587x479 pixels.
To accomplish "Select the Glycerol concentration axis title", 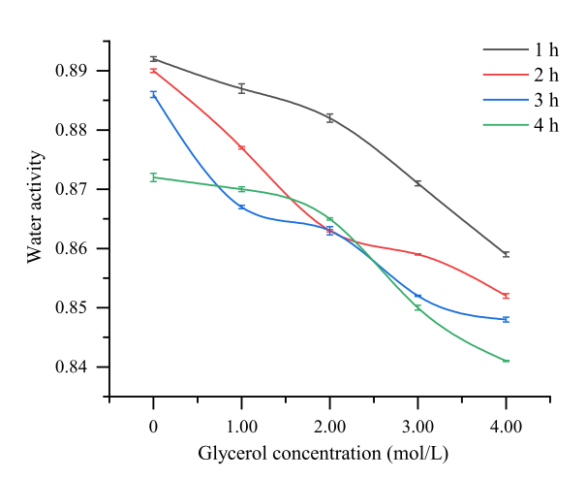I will [x=324, y=453].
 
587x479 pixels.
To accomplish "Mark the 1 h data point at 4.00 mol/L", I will [x=506, y=254].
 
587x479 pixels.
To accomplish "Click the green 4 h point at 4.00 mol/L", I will [x=506, y=361].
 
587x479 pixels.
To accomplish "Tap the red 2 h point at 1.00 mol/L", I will [x=241, y=147].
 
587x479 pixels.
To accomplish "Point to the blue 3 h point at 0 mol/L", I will [x=153, y=94].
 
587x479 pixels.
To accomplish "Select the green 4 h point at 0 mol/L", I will [x=153, y=177].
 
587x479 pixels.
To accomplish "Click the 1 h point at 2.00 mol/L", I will [x=329, y=118].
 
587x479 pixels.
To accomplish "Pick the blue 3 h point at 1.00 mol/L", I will [x=241, y=207].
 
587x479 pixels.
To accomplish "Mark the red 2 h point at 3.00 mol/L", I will [x=417, y=254].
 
